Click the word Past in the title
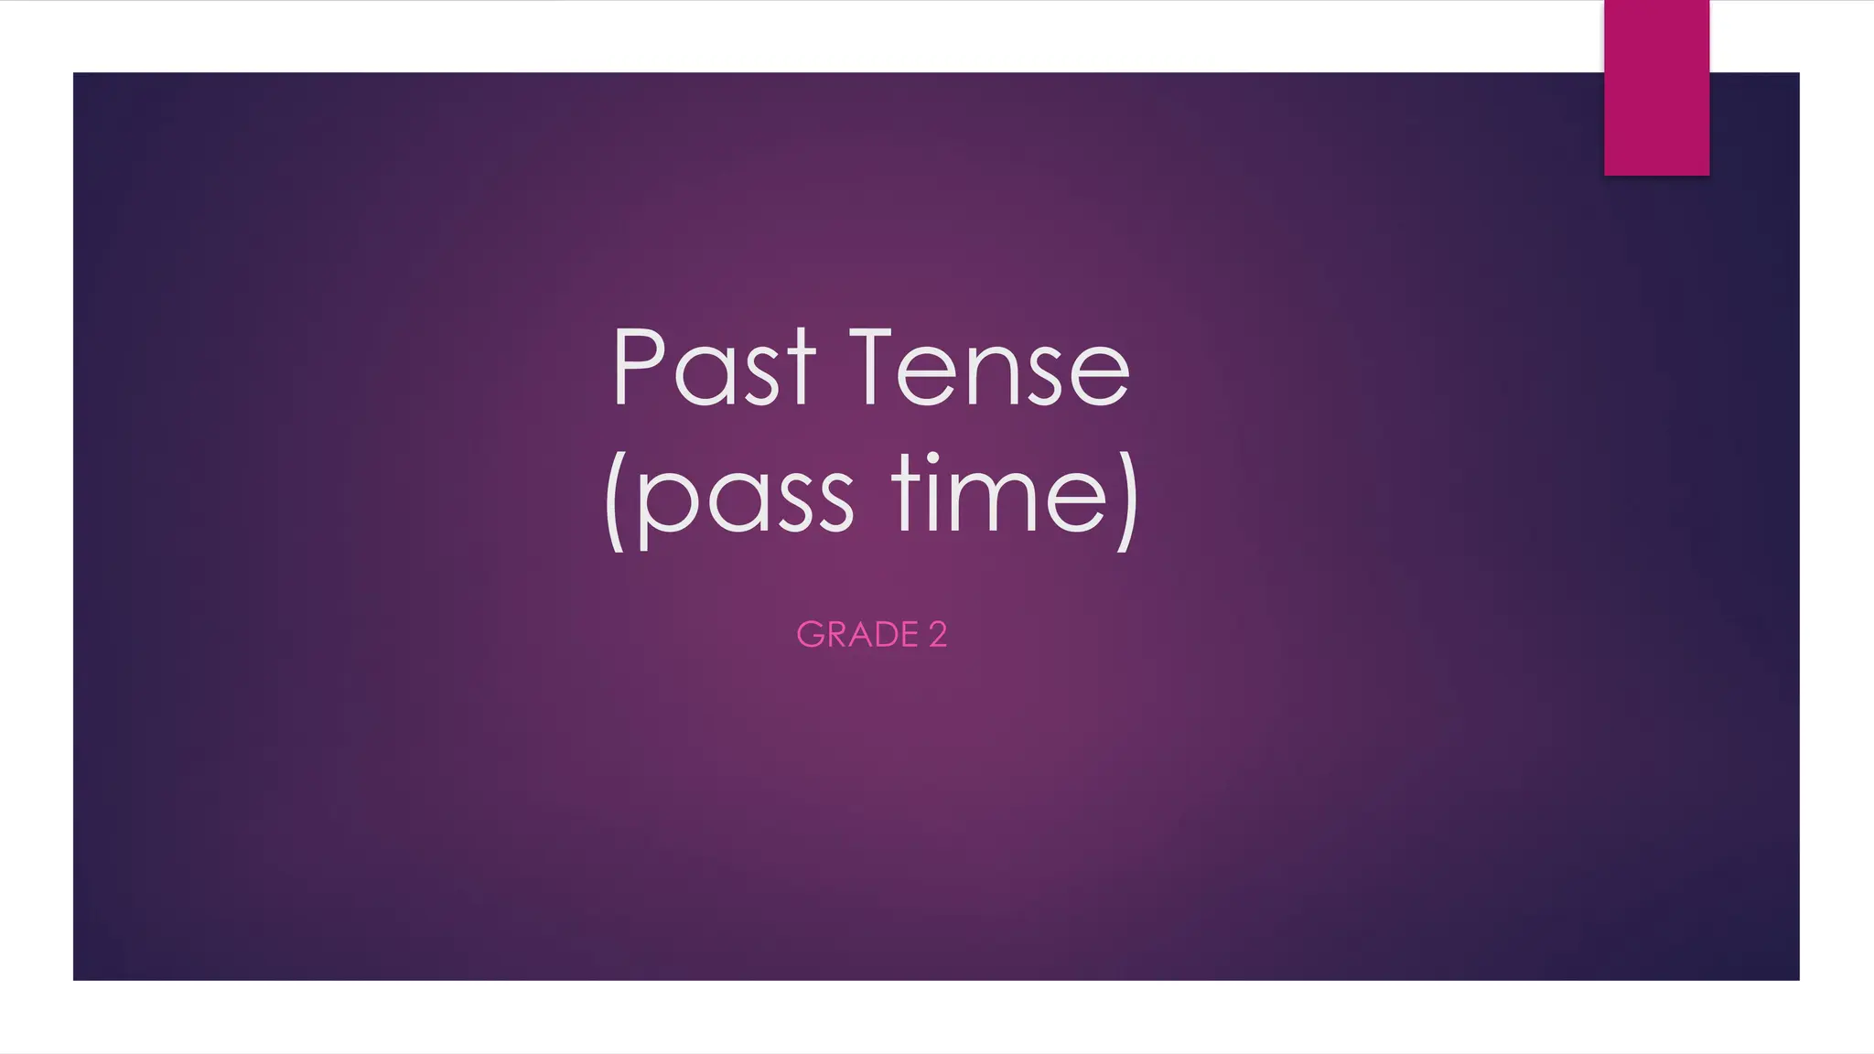tap(713, 368)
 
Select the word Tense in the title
tap(990, 368)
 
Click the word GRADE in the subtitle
tap(857, 635)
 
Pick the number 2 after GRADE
tap(938, 635)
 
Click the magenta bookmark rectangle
tap(1656, 87)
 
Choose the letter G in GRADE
tap(810, 635)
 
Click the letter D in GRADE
tap(885, 635)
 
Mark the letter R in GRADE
tap(835, 635)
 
